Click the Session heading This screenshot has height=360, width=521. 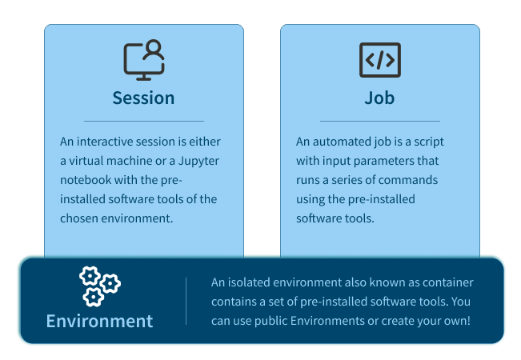(143, 98)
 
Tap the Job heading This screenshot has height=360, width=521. (379, 98)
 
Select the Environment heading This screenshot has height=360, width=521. (100, 321)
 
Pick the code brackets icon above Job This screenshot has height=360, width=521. (380, 60)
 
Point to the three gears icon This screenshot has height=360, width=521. (100, 286)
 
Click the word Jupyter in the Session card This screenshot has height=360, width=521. (198, 162)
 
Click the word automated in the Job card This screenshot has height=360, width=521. (342, 142)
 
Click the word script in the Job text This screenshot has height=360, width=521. (429, 142)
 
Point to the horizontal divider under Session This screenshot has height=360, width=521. (144, 122)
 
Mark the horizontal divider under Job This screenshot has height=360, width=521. (380, 122)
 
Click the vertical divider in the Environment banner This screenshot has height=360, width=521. (186, 302)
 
